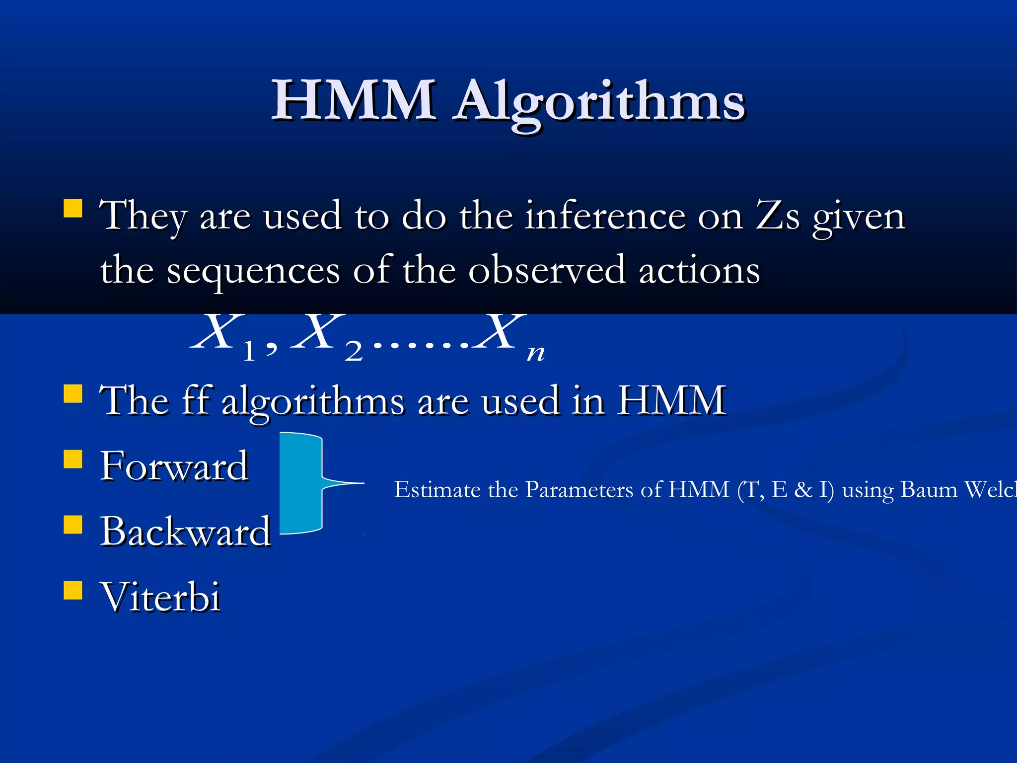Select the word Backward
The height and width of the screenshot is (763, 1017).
185,532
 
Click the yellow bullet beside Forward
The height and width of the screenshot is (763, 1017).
73,459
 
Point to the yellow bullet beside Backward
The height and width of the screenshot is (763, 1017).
73,525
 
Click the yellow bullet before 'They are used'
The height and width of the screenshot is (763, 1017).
73,209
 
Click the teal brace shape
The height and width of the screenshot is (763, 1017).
301,483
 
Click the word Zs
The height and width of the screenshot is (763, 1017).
778,217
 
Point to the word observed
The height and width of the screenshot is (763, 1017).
546,271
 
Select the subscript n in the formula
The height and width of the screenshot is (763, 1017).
536,353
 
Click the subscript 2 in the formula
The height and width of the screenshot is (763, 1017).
354,352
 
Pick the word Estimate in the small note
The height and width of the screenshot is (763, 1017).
437,490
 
